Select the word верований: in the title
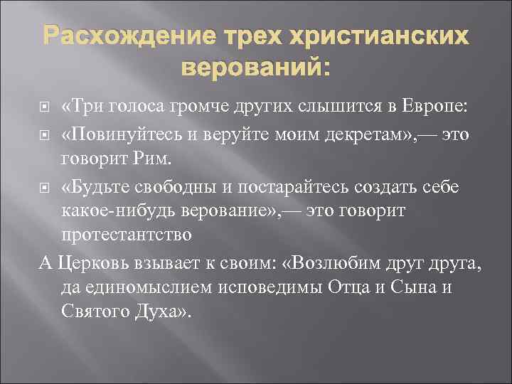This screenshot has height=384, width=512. click(256, 68)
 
